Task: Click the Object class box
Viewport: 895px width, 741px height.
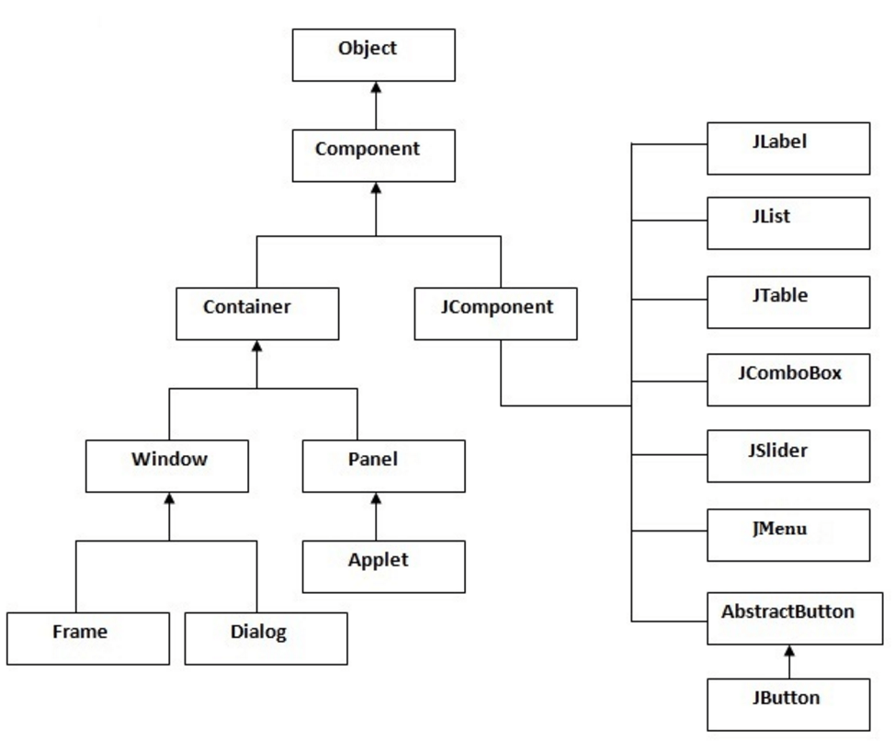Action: pyautogui.click(x=374, y=54)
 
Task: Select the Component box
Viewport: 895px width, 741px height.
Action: pyautogui.click(x=374, y=155)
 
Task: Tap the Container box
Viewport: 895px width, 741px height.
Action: pyautogui.click(x=256, y=313)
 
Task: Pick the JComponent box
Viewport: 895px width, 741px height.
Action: pyautogui.click(x=497, y=313)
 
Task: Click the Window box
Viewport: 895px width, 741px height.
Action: pyautogui.click(x=167, y=466)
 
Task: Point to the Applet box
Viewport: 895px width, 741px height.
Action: pyautogui.click(x=384, y=566)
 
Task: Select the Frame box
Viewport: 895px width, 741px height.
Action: pyautogui.click(x=88, y=638)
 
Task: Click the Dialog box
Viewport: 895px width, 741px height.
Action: pyautogui.click(x=266, y=638)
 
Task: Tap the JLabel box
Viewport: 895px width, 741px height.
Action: pyautogui.click(x=788, y=149)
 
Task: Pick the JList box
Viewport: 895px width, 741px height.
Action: pyautogui.click(x=788, y=223)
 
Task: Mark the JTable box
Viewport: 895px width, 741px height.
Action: pyautogui.click(x=788, y=302)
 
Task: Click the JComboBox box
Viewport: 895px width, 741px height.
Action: pyautogui.click(x=788, y=380)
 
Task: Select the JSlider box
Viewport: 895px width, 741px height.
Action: pyautogui.click(x=788, y=457)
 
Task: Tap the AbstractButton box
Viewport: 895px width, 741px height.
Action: pyautogui.click(x=788, y=618)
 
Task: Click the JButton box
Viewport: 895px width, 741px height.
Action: pyautogui.click(x=788, y=704)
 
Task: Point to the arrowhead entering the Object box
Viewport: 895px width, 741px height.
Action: pyautogui.click(x=375, y=87)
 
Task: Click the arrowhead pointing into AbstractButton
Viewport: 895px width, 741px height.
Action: pyautogui.click(x=788, y=651)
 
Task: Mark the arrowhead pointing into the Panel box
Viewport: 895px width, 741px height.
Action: pyautogui.click(x=375, y=499)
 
